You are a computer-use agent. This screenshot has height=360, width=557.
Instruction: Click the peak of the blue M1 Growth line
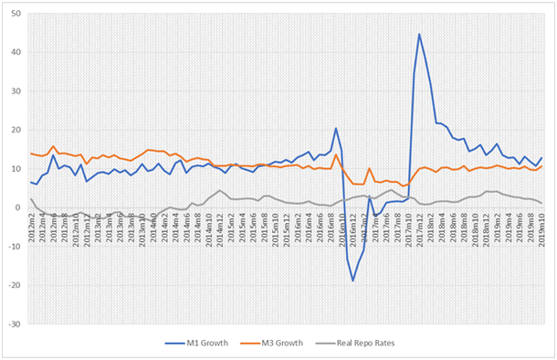pyautogui.click(x=419, y=35)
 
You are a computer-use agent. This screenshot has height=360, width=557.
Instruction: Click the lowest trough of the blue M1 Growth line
pyautogui.click(x=352, y=281)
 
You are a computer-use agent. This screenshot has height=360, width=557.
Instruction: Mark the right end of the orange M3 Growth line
pyautogui.click(x=542, y=166)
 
